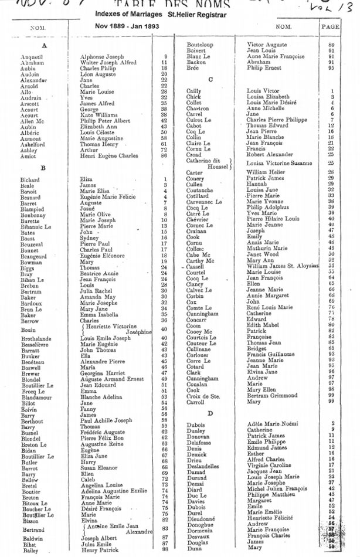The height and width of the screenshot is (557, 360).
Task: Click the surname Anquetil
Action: point(32,57)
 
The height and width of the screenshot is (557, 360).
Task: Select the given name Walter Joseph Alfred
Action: point(108,63)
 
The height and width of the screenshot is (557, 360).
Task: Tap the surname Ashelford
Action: point(33,145)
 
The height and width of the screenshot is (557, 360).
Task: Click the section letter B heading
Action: point(43,168)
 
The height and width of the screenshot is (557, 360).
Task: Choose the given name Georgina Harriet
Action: point(103,373)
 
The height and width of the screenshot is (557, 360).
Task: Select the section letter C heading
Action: point(210,79)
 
